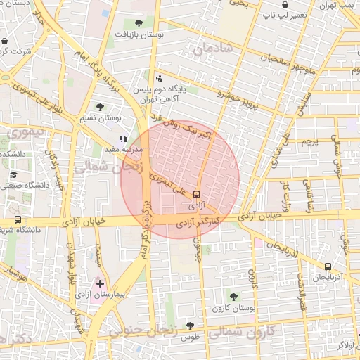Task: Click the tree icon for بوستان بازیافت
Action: (x=139, y=23)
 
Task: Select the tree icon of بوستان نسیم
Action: (x=100, y=108)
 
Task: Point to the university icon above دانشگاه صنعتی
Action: (x=12, y=174)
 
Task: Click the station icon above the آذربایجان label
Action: (x=328, y=266)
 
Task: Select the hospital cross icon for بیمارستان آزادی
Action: (x=101, y=283)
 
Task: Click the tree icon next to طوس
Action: (x=190, y=325)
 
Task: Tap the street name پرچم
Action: (x=310, y=141)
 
